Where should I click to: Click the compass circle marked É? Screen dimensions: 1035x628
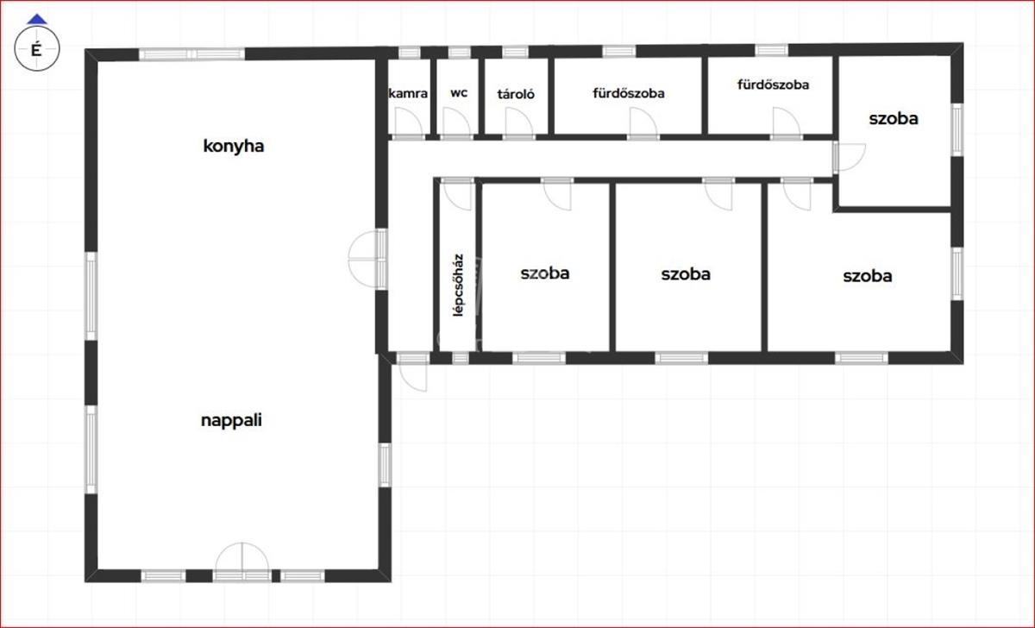click(x=37, y=48)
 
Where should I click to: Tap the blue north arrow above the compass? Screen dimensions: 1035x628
click(x=37, y=19)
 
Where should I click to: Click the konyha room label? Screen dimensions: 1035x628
click(x=234, y=147)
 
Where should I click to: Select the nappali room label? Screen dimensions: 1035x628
click(x=231, y=420)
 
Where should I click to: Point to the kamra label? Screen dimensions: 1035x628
click(x=408, y=93)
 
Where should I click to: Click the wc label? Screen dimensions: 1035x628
click(x=459, y=93)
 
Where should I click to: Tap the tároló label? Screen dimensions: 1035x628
click(x=516, y=94)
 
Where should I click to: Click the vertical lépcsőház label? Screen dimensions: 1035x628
click(x=458, y=286)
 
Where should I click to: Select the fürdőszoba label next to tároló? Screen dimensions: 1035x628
click(x=629, y=93)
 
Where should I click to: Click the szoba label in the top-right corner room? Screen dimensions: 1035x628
click(x=894, y=119)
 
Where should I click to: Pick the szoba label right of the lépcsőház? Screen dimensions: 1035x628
click(x=545, y=273)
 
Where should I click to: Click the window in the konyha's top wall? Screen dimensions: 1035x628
click(x=191, y=54)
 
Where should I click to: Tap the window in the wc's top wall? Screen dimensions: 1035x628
click(x=459, y=52)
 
